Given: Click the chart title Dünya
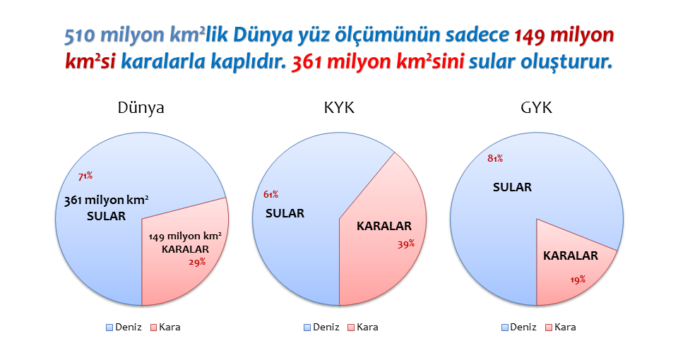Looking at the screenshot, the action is click(141, 107).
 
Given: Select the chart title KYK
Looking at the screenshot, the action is click(339, 107).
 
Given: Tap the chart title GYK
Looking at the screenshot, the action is click(536, 107).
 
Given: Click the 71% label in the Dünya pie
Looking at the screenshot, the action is click(85, 176).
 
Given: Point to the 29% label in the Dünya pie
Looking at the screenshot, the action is click(197, 262).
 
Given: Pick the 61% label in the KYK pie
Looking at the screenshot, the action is click(270, 195).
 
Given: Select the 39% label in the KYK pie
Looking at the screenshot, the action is click(406, 244).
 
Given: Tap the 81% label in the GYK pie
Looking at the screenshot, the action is click(495, 158).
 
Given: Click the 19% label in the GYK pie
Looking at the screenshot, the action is click(578, 280).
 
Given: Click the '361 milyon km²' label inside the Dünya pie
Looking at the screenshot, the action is click(107, 200).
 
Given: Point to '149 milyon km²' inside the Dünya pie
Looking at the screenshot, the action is click(185, 236).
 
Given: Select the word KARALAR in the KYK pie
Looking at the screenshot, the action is click(384, 226).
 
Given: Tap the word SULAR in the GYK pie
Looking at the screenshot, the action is click(513, 187).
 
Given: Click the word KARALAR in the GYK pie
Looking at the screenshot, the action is click(571, 256).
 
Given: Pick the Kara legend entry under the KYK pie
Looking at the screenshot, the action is click(363, 327).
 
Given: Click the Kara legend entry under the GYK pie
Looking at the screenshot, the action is click(561, 327).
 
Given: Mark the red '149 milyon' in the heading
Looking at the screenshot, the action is click(564, 35).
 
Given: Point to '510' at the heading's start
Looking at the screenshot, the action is click(80, 35).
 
